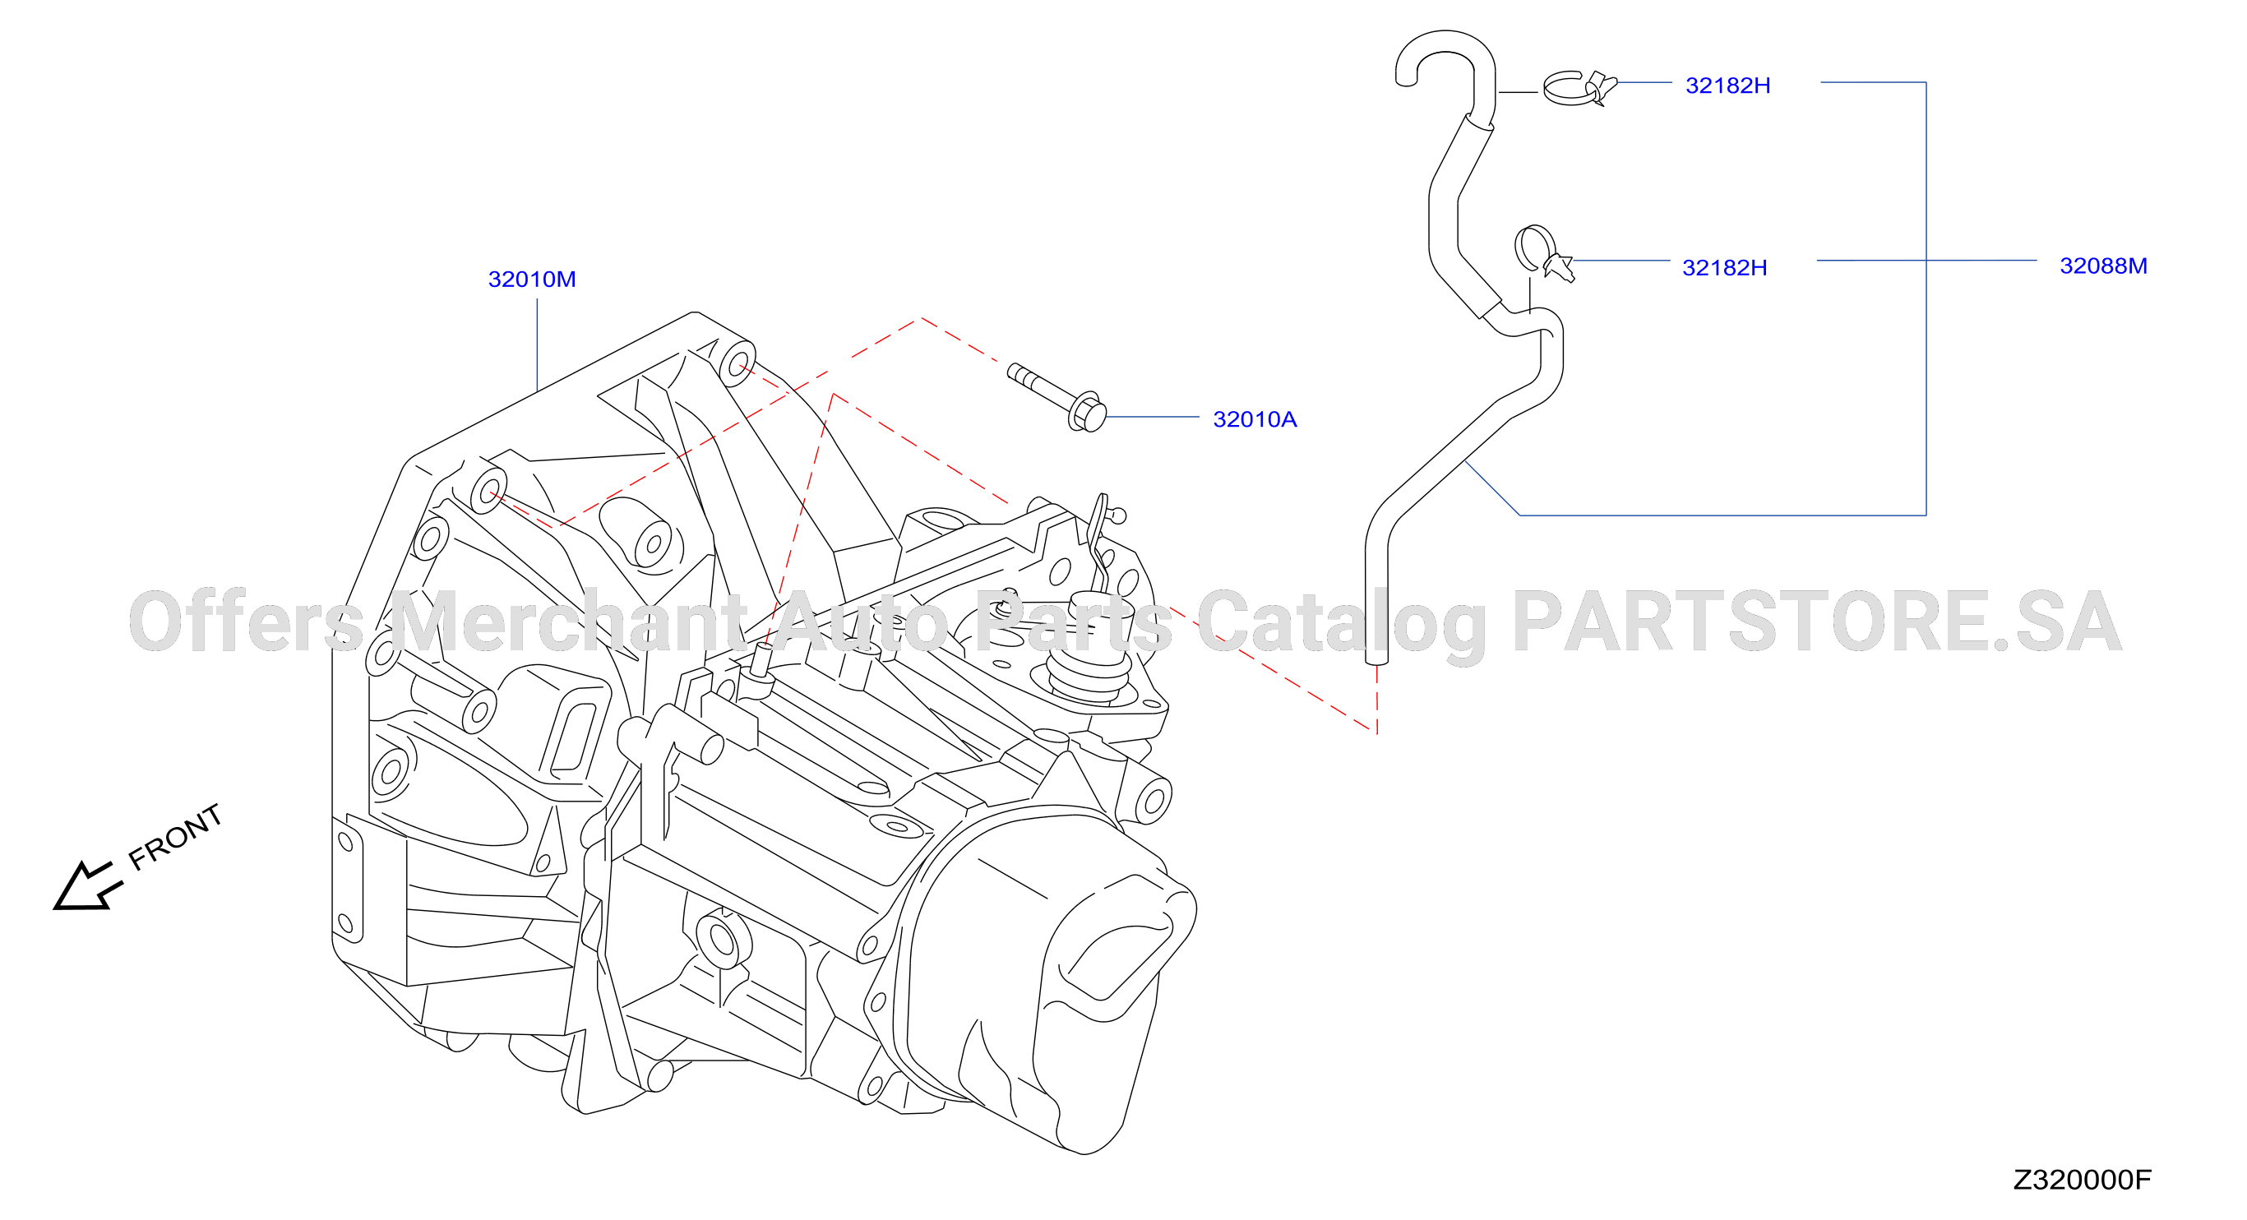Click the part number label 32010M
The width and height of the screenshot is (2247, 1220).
[x=531, y=279]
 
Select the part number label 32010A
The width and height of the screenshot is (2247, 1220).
[x=1255, y=419]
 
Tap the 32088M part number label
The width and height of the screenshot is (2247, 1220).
[x=2103, y=266]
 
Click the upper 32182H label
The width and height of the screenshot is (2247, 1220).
[x=1727, y=85]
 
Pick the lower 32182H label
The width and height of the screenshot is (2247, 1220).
[x=1723, y=268]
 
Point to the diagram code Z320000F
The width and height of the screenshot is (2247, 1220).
[x=2082, y=1179]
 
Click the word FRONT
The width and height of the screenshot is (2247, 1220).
[x=175, y=836]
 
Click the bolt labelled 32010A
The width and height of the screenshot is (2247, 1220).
[x=1056, y=397]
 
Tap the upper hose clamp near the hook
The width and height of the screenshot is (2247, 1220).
[x=1579, y=88]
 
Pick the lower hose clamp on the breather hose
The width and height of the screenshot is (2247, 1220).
[x=1542, y=253]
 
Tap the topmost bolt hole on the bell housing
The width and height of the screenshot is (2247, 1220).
[x=738, y=363]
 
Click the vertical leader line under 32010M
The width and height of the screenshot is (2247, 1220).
[x=538, y=345]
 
